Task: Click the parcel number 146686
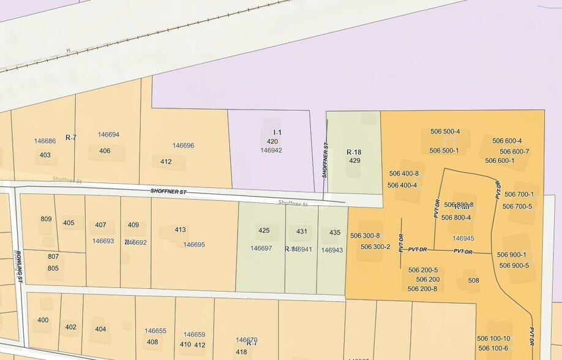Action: click(45, 141)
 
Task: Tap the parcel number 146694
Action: click(108, 135)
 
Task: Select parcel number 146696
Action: click(183, 146)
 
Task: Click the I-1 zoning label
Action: click(277, 132)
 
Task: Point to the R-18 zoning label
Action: click(354, 152)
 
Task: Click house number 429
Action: click(354, 160)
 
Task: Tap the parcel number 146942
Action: click(271, 150)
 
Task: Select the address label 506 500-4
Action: click(445, 132)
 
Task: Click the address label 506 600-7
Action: click(514, 152)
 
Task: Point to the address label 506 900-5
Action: click(514, 266)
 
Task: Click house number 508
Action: click(473, 280)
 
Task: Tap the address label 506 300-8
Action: click(365, 236)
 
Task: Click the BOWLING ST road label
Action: click(19, 266)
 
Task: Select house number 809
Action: click(46, 219)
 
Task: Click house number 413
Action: click(180, 230)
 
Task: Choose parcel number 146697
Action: click(261, 249)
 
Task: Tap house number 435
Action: click(335, 233)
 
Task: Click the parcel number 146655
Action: click(155, 331)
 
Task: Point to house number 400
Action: click(43, 320)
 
